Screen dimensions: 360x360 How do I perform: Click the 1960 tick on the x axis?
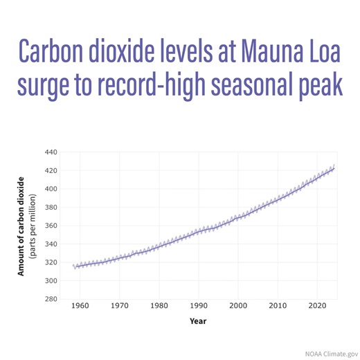80,305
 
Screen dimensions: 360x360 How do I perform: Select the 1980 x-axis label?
159,305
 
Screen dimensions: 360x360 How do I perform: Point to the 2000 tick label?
238,305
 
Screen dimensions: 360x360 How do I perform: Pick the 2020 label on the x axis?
317,305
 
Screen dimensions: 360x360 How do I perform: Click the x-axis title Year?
198,321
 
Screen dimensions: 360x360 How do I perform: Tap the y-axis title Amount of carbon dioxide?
21,226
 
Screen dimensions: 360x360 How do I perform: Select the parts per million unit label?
32,226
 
